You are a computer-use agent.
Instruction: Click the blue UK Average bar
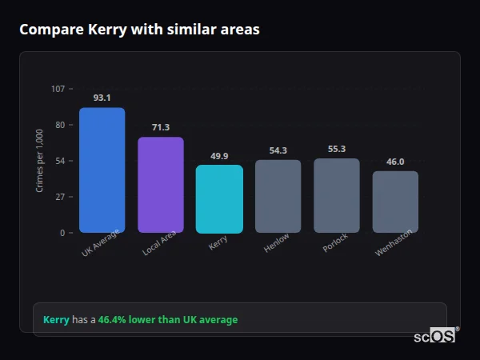click(102, 170)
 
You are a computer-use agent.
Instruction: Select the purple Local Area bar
click(161, 185)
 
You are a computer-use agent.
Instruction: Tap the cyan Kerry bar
click(219, 199)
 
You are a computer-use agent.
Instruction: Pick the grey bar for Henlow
click(278, 196)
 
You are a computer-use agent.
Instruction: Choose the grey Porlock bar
click(337, 195)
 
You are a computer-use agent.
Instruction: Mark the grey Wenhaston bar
click(395, 202)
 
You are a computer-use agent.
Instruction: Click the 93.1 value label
click(102, 98)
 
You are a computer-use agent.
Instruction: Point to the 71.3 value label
click(161, 127)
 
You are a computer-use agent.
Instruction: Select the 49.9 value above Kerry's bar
click(219, 156)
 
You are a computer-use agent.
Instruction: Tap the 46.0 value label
click(395, 162)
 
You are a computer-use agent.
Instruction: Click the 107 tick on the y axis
click(58, 89)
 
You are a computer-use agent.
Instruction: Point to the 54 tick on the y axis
click(60, 161)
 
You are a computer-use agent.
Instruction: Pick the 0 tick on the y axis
click(62, 233)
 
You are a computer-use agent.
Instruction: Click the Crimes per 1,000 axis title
click(40, 161)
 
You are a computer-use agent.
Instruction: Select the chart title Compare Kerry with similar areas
click(139, 30)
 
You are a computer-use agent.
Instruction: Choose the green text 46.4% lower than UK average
click(168, 320)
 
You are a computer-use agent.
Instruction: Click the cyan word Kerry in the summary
click(56, 320)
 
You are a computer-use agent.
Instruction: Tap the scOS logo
click(434, 337)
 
